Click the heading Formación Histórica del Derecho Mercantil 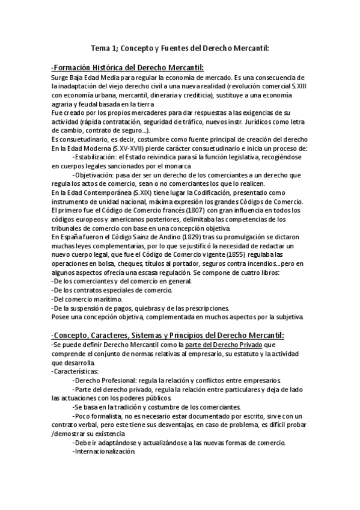pos(128,67)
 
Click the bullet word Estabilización pos(97,156)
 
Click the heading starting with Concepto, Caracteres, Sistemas pos(168,334)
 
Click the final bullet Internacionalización pos(102,452)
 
